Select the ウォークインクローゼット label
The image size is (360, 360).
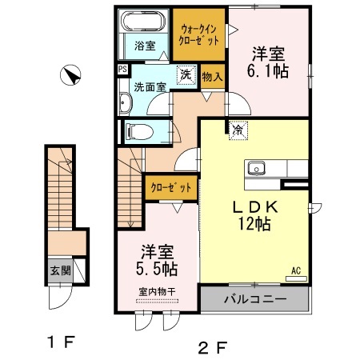coord(200,33)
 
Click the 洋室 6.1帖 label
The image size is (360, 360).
coord(269,62)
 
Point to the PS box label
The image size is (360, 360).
coord(122,70)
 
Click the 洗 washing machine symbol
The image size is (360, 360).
coord(185,74)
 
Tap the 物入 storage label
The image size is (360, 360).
coord(212,77)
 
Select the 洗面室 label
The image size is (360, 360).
coord(149,86)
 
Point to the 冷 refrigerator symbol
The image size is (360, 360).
coord(238,128)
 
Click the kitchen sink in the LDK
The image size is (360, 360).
coord(258,168)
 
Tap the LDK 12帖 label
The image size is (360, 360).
coord(253,215)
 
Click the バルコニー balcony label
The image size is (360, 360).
coord(254,302)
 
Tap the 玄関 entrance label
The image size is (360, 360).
coord(61,270)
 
